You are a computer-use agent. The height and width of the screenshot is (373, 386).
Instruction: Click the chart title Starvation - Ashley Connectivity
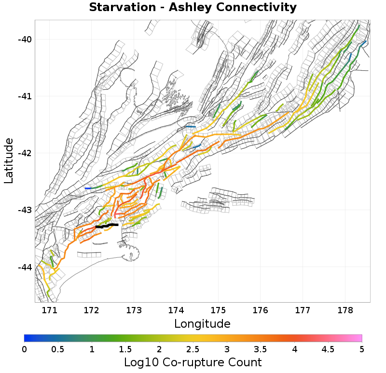coord(193,8)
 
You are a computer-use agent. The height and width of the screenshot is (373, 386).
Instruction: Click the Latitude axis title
coord(9,160)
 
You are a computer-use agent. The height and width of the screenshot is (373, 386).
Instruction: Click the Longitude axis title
coord(202,323)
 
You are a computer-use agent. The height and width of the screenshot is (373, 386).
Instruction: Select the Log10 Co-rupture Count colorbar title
coord(193,362)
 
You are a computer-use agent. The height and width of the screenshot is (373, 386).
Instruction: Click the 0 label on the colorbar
coord(25,348)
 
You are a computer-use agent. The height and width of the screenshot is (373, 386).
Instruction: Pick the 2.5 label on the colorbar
coord(193,348)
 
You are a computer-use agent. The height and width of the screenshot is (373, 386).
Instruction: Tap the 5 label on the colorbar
coord(362,348)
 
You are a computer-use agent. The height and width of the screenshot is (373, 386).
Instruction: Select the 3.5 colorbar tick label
coord(261,348)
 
